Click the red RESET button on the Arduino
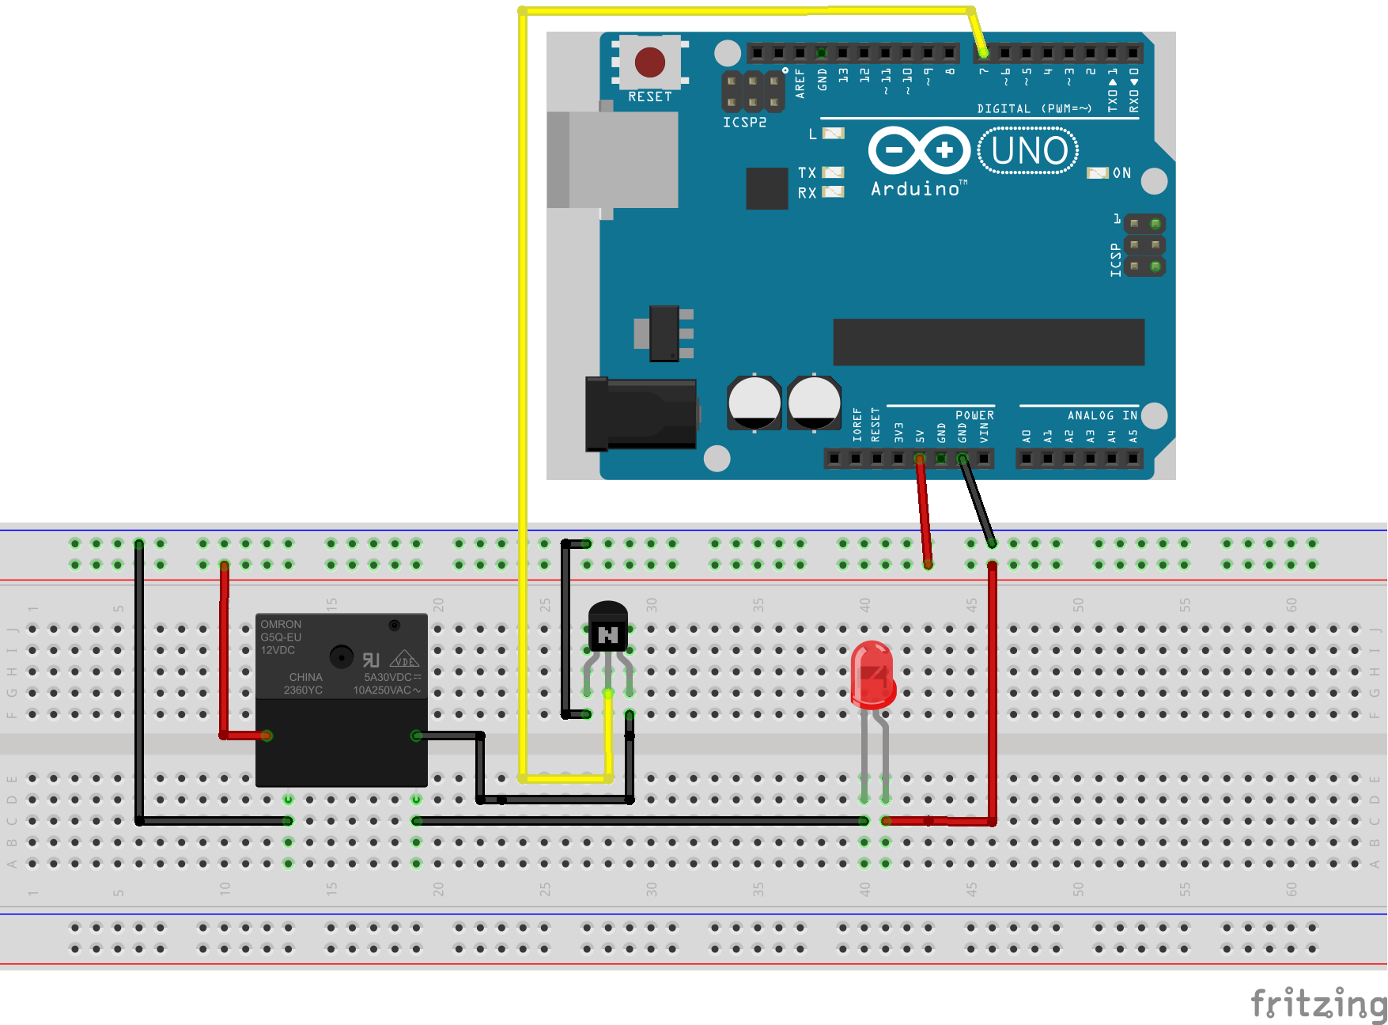click(649, 62)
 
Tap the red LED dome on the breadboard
click(872, 672)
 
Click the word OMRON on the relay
click(281, 624)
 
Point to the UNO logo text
click(1028, 150)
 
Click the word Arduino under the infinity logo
click(915, 189)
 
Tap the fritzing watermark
click(1318, 1003)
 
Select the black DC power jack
click(641, 414)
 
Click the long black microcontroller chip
click(989, 342)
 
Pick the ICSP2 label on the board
click(744, 123)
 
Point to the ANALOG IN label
click(1102, 415)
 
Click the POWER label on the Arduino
click(974, 415)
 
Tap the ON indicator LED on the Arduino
click(1097, 173)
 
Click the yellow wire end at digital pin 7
click(983, 53)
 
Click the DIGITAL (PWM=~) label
click(1034, 108)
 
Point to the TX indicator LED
click(834, 172)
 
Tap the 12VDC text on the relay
click(278, 650)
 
